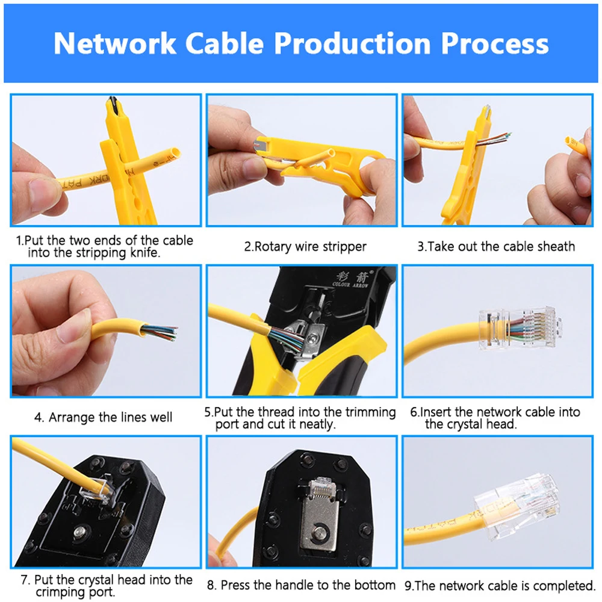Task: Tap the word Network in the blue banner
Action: click(x=114, y=44)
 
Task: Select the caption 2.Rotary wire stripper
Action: click(x=305, y=247)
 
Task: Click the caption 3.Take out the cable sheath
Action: click(x=495, y=247)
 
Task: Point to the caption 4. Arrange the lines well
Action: click(x=103, y=417)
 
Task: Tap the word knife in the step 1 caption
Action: click(x=145, y=253)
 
